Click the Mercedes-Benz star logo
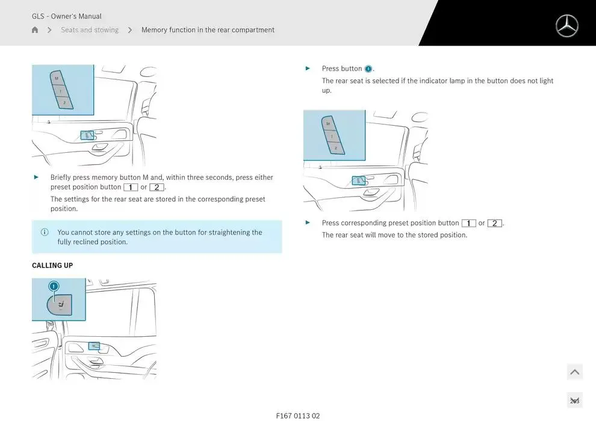click(x=567, y=26)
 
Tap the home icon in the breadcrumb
click(x=35, y=29)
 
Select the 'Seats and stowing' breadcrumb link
click(x=90, y=29)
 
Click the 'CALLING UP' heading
click(x=52, y=265)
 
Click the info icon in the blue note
click(x=45, y=232)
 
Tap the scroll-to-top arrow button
click(x=575, y=372)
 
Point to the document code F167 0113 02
click(x=298, y=416)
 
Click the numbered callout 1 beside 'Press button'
click(x=368, y=69)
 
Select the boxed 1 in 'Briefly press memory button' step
click(x=131, y=187)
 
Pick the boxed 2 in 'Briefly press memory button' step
click(x=157, y=187)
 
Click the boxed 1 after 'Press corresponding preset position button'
click(x=468, y=223)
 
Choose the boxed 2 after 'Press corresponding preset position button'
click(x=494, y=223)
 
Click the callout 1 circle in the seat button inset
click(x=54, y=286)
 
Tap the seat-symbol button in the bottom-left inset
click(x=59, y=305)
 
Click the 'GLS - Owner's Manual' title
click(x=66, y=16)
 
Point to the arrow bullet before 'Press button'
click(x=308, y=69)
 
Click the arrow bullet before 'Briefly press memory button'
click(x=36, y=177)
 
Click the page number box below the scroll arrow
click(x=575, y=401)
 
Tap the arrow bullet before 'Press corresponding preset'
click(x=308, y=223)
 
